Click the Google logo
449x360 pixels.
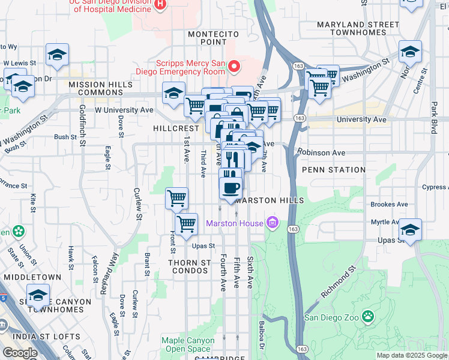tap(20, 352)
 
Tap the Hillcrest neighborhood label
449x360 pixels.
tap(175, 128)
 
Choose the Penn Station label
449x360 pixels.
tap(334, 170)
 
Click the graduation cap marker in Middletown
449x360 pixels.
tap(37, 295)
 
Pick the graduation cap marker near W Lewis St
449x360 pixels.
tap(57, 55)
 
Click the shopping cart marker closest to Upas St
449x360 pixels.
tap(187, 224)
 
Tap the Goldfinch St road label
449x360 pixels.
tap(82, 122)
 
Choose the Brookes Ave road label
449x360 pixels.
tap(389, 204)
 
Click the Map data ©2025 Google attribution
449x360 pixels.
tap(411, 355)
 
